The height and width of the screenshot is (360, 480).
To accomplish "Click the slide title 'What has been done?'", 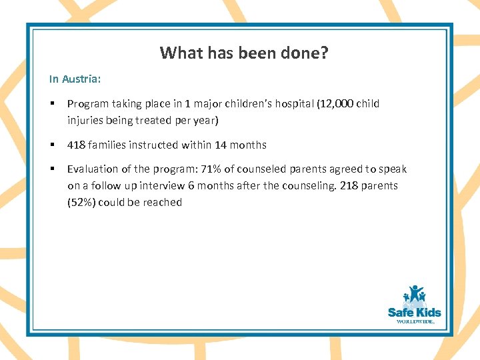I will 244,53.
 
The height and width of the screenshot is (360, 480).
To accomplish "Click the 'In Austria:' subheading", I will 75,79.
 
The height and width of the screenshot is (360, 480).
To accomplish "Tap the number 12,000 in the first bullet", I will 337,104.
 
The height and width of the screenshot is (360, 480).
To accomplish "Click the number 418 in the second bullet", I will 76,145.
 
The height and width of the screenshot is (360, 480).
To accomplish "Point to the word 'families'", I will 107,145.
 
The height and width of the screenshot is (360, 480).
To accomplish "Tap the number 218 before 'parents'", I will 349,186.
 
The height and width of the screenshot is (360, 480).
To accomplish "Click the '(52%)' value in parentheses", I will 81,202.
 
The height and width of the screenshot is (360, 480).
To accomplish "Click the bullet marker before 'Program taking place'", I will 52,104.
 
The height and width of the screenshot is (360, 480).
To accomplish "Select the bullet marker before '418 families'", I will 52,145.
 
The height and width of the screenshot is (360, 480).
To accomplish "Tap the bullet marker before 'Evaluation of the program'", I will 52,169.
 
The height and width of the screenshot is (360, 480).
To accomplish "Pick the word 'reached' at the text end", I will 163,202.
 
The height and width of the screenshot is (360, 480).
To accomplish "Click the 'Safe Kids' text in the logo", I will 414,312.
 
